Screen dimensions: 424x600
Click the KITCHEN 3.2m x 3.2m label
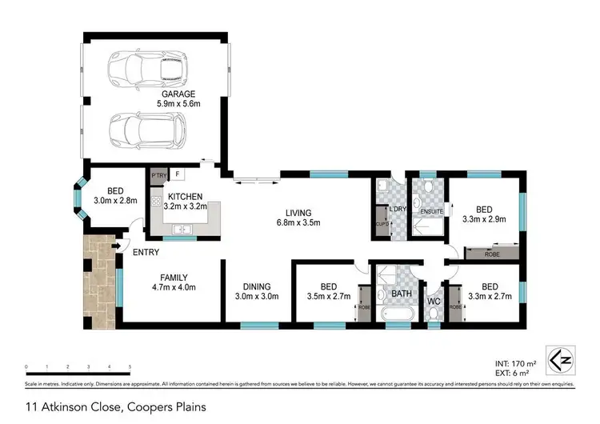click(x=184, y=201)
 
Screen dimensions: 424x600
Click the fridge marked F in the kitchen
click(x=177, y=174)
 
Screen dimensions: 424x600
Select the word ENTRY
click(x=146, y=252)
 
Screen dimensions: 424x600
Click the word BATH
click(x=402, y=293)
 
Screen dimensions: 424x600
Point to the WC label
click(x=433, y=302)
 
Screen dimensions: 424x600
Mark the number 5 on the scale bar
click(x=130, y=366)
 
